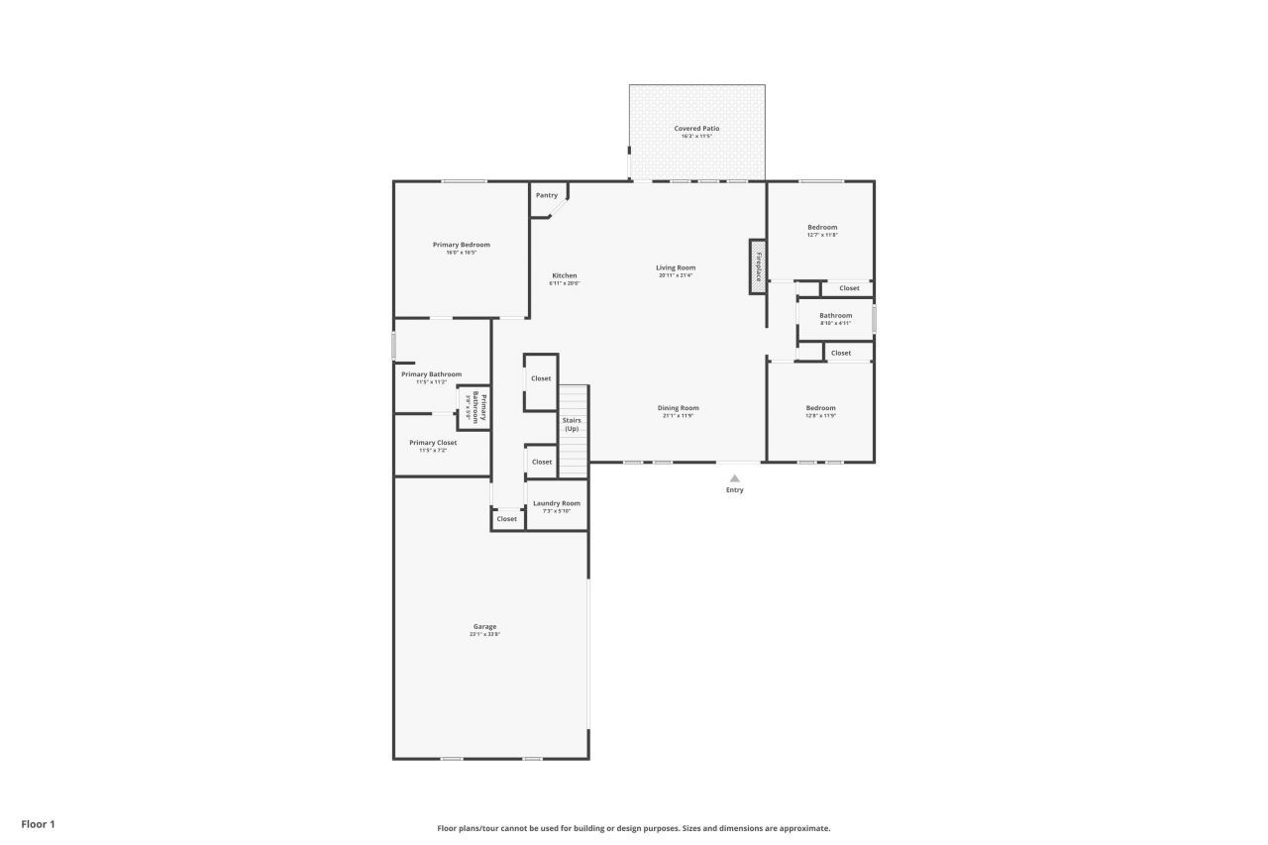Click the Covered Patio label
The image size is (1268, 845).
pyautogui.click(x=696, y=129)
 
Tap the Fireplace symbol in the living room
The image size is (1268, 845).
pyautogui.click(x=758, y=266)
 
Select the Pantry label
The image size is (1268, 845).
pyautogui.click(x=547, y=195)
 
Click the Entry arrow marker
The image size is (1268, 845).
pyautogui.click(x=734, y=478)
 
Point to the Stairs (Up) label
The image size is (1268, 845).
pyautogui.click(x=572, y=424)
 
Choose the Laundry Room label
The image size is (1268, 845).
pyautogui.click(x=557, y=503)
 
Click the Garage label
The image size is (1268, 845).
pyautogui.click(x=484, y=626)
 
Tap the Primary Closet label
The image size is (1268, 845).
pyautogui.click(x=433, y=443)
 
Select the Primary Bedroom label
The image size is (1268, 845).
pyautogui.click(x=461, y=245)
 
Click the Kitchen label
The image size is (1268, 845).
pyautogui.click(x=564, y=275)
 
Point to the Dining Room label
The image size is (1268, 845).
pyautogui.click(x=679, y=408)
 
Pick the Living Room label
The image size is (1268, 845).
pyautogui.click(x=676, y=267)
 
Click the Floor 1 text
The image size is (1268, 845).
pyautogui.click(x=39, y=823)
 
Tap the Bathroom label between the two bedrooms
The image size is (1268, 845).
pyautogui.click(x=835, y=316)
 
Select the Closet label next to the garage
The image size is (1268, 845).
pyautogui.click(x=506, y=519)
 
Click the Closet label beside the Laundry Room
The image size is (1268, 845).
pyautogui.click(x=542, y=462)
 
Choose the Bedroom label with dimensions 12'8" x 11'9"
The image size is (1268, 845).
pyautogui.click(x=820, y=408)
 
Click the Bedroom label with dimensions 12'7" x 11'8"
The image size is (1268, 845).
pyautogui.click(x=822, y=227)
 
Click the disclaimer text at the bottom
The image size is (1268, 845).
pyautogui.click(x=634, y=828)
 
